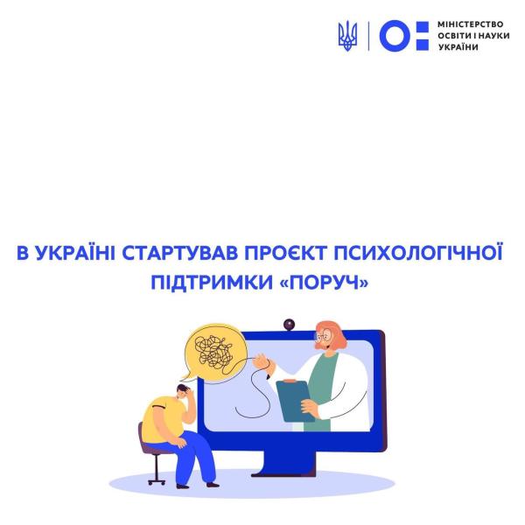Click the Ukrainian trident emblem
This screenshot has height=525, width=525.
tap(346, 36)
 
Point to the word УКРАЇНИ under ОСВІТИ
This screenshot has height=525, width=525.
tap(457, 46)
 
